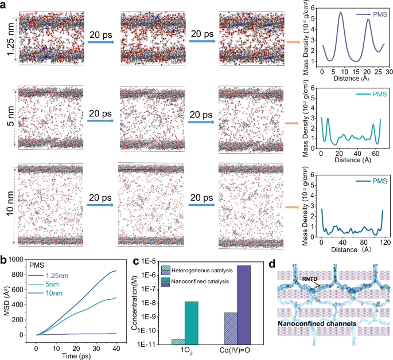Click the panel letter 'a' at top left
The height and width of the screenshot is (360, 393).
pos(4,5)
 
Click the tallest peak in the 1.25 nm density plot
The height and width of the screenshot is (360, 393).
pos(341,13)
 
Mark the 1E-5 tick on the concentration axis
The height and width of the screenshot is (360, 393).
pos(152,261)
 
